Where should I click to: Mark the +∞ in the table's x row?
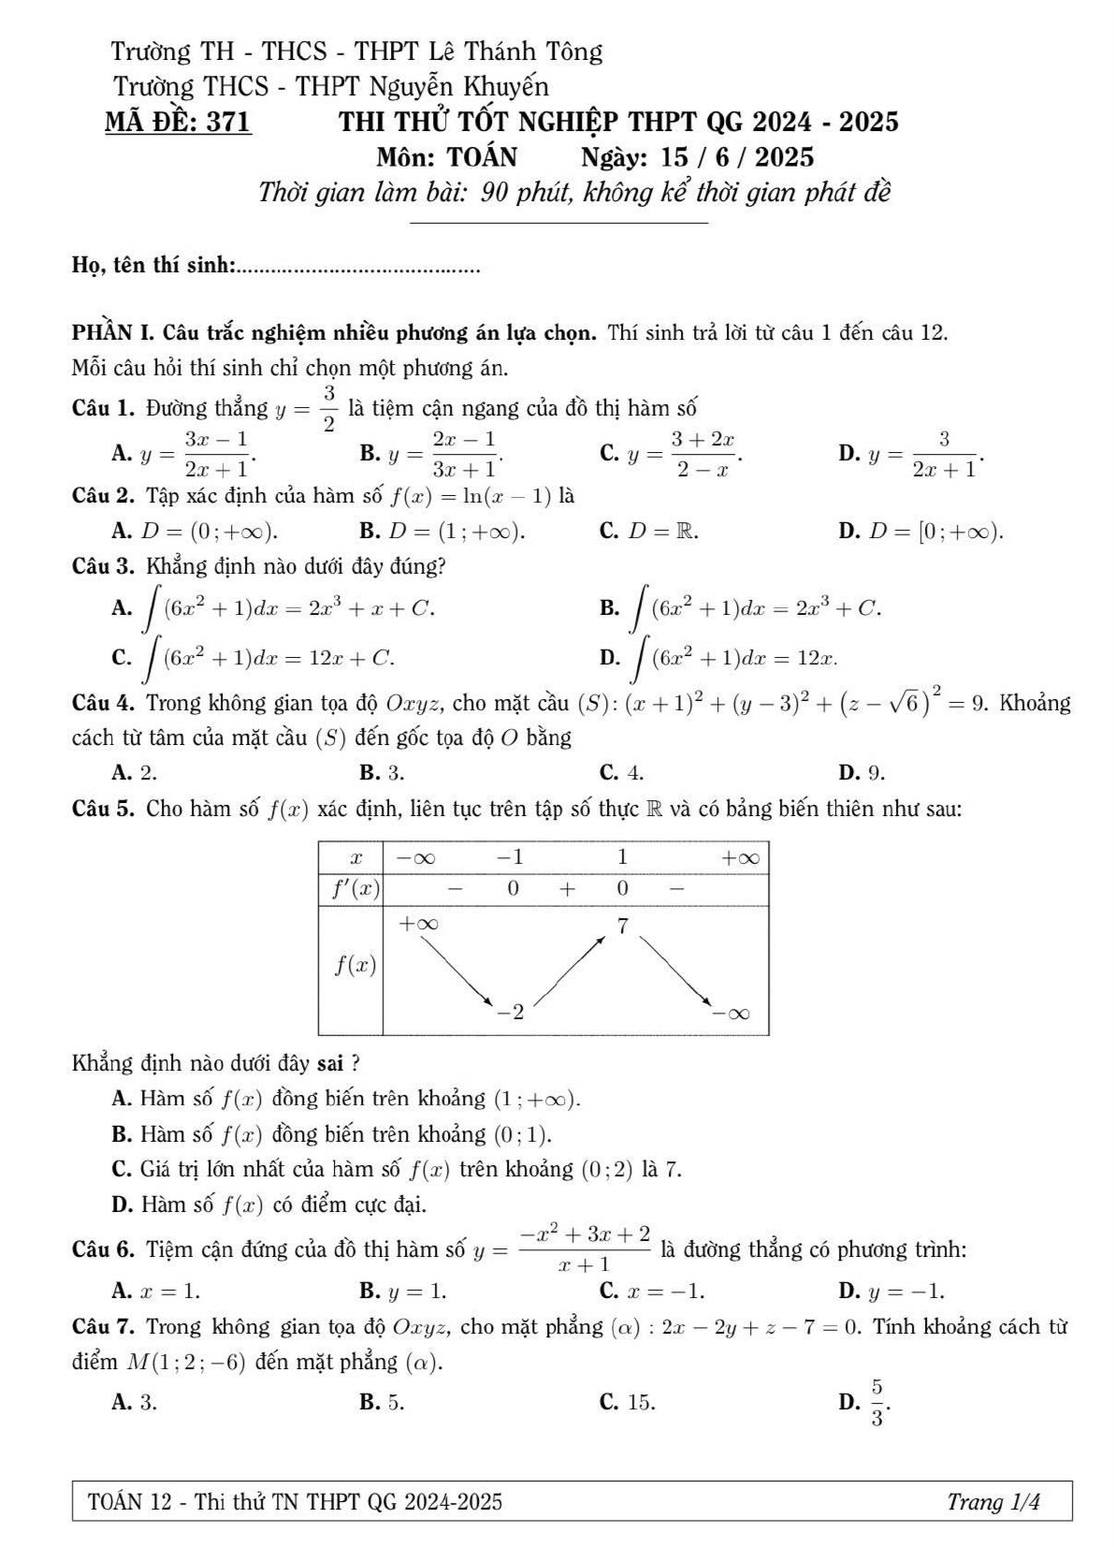[739, 856]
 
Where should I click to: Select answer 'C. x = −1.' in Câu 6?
[652, 1292]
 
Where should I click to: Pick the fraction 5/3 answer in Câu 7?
[876, 1402]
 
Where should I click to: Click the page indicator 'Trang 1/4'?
[992, 1502]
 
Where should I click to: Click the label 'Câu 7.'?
[106, 1326]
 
